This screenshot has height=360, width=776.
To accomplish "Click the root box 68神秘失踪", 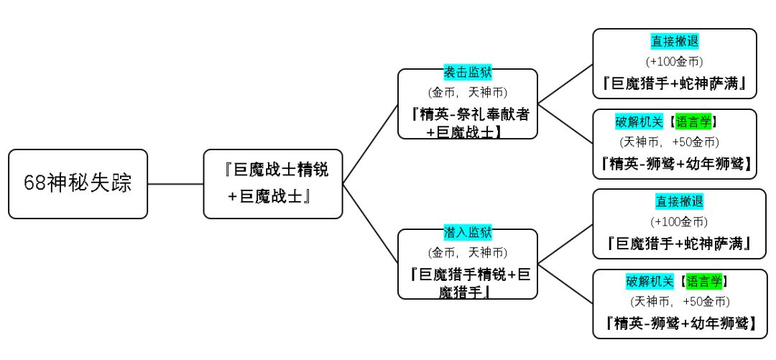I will point(78,183).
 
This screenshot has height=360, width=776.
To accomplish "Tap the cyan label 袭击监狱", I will point(468,73).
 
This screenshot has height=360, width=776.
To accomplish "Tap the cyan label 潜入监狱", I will point(468,233).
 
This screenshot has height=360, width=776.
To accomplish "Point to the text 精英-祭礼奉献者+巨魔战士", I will point(468,122).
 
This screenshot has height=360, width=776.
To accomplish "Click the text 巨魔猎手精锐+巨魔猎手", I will point(468,282).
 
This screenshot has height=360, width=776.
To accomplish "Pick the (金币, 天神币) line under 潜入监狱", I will point(468,252).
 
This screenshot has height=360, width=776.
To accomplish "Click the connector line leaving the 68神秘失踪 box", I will point(175,183).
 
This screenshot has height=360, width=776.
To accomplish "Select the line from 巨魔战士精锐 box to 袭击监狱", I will point(370,144).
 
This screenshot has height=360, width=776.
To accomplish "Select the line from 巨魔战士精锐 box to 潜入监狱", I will point(370,223).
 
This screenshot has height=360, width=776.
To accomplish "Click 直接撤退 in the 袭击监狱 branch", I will point(675,42).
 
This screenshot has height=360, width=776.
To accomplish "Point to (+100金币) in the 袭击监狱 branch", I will point(675,62).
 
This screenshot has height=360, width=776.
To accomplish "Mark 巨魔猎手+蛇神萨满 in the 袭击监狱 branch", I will point(675,84).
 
